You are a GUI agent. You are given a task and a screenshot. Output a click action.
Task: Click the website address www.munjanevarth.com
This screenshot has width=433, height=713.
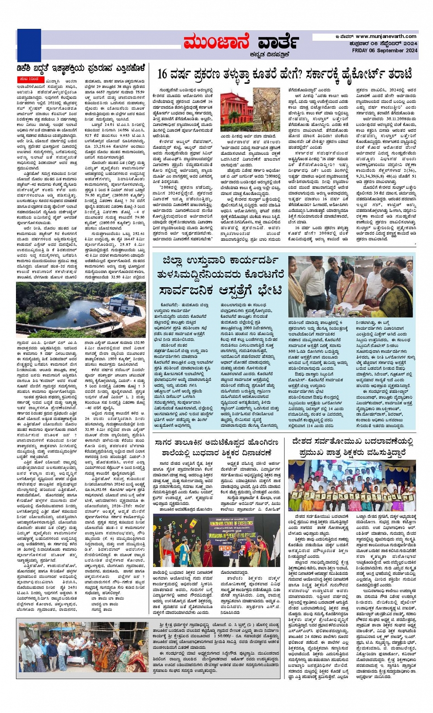pos(386,37)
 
